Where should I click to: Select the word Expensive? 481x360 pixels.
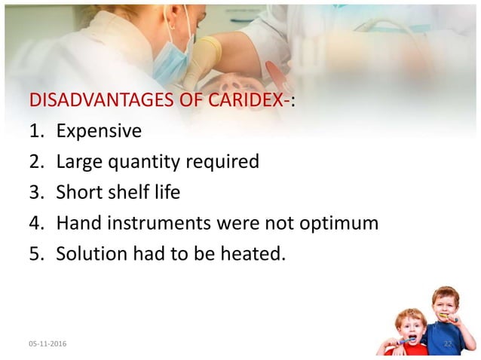(99, 131)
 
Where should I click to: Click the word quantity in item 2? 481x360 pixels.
(147, 162)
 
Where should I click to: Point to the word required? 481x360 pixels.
(223, 162)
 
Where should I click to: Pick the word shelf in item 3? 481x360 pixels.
(131, 192)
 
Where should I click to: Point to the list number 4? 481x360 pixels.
(35, 223)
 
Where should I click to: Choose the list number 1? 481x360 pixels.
(35, 131)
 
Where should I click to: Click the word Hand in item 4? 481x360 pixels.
(78, 223)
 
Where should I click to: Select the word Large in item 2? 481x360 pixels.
(80, 162)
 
